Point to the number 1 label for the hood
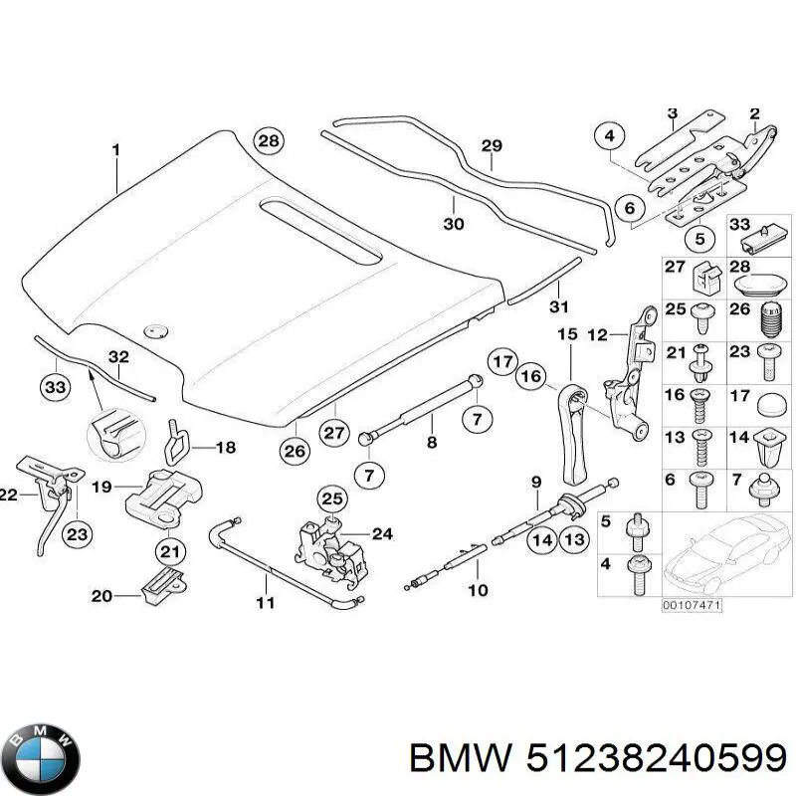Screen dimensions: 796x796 [115, 150]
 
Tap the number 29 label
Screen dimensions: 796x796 [492, 146]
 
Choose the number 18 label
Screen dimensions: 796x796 [226, 448]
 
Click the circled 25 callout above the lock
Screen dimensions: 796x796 [330, 498]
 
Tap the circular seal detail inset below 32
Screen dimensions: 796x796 [111, 432]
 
